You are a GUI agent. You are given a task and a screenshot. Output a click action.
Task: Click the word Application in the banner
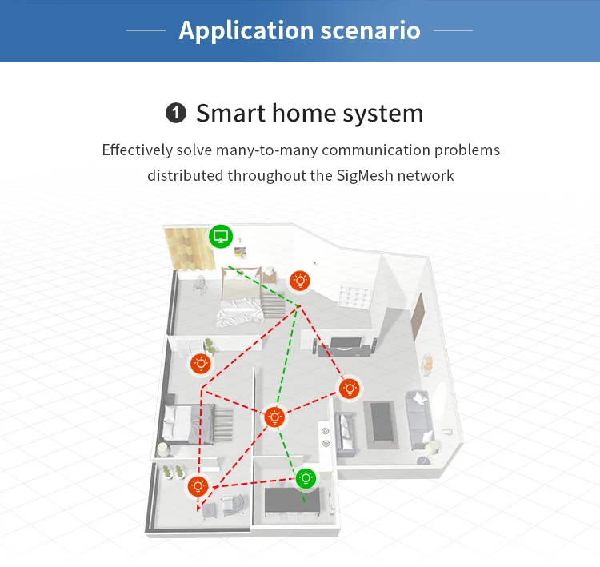coord(235,30)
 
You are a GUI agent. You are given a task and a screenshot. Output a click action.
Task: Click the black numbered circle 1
coord(175,114)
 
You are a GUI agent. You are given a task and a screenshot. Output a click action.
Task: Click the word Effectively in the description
coord(137,150)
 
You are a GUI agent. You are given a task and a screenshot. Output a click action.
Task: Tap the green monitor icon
coord(221,237)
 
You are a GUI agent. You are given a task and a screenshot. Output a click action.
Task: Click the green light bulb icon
coord(305,478)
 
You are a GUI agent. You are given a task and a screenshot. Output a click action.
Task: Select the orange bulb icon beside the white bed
coord(300,280)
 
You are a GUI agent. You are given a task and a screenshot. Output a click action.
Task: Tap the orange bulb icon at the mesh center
coord(274,417)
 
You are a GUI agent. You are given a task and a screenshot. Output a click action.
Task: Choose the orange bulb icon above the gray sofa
coord(349,389)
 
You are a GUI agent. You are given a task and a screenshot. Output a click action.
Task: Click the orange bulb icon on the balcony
coord(198,485)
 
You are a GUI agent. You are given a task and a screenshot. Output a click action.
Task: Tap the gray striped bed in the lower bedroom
coord(192,419)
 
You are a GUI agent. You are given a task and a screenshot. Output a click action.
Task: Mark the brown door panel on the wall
coord(418,318)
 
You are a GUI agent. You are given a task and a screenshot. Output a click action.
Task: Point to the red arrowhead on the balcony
coord(199,509)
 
